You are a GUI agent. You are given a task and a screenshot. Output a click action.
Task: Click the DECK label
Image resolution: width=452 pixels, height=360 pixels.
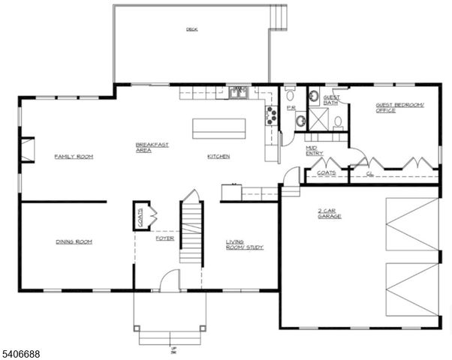pos(191,30)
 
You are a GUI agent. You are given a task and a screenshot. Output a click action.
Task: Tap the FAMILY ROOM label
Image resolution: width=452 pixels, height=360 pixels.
pos(74,157)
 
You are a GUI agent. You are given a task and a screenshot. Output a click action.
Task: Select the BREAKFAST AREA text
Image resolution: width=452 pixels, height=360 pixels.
pos(145,148)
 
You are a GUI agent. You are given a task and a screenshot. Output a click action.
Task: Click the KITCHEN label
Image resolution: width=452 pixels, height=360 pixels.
pos(218,157)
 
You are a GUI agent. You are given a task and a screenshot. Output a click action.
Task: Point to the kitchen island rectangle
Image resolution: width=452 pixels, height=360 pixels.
pos(219,128)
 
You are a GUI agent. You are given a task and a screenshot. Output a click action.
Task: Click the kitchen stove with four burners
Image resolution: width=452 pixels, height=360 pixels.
pos(270,114)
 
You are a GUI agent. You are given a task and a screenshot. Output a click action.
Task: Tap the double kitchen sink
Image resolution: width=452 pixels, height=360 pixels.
pos(239,92)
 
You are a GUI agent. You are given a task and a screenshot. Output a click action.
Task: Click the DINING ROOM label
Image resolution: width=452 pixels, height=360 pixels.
pos(74,241)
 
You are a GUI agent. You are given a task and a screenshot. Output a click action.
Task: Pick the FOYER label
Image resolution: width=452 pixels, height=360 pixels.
pos(165,238)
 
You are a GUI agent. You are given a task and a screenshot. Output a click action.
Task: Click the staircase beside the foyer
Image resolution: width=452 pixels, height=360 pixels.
pos(191,232)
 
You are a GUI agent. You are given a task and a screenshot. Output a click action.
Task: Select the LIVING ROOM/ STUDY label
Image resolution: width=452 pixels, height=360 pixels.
pos(245,244)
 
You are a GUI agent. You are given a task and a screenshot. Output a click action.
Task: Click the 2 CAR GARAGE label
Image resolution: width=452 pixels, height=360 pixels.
pos(329,214)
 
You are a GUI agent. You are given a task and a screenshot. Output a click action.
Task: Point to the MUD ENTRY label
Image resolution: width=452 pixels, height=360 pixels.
pos(315,150)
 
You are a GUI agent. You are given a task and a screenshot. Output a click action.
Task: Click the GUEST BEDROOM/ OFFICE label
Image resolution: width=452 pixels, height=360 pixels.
pos(399,108)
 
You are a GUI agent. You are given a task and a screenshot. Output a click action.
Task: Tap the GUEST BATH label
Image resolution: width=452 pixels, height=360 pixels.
pos(331,100)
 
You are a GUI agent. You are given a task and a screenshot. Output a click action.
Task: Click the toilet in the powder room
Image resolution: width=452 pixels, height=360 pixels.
pos(291,94)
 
